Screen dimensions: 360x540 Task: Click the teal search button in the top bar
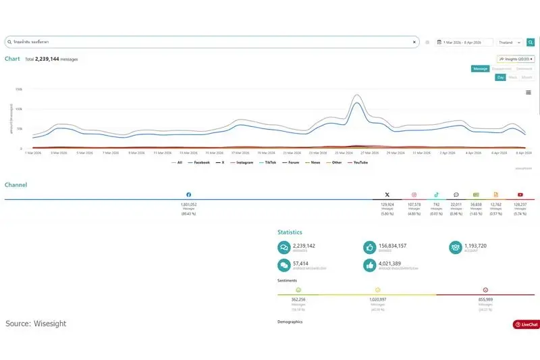point(531,42)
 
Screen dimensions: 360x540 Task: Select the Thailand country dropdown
point(510,42)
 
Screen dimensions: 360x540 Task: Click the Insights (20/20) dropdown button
point(516,59)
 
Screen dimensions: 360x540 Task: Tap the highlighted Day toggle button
point(501,77)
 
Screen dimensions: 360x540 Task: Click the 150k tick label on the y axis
point(19,89)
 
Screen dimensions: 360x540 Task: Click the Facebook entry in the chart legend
point(199,162)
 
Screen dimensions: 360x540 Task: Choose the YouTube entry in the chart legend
point(358,162)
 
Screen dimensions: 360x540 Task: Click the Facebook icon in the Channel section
point(188,195)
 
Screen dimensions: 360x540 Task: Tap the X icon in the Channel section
point(387,195)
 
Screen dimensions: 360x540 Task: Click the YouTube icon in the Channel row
point(520,195)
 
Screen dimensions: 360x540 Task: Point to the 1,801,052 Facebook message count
point(188,204)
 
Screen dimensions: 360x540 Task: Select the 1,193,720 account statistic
point(475,246)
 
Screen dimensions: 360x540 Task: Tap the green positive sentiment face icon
point(298,289)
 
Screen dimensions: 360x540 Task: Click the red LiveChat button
point(526,324)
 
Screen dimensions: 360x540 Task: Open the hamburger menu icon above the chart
point(528,92)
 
